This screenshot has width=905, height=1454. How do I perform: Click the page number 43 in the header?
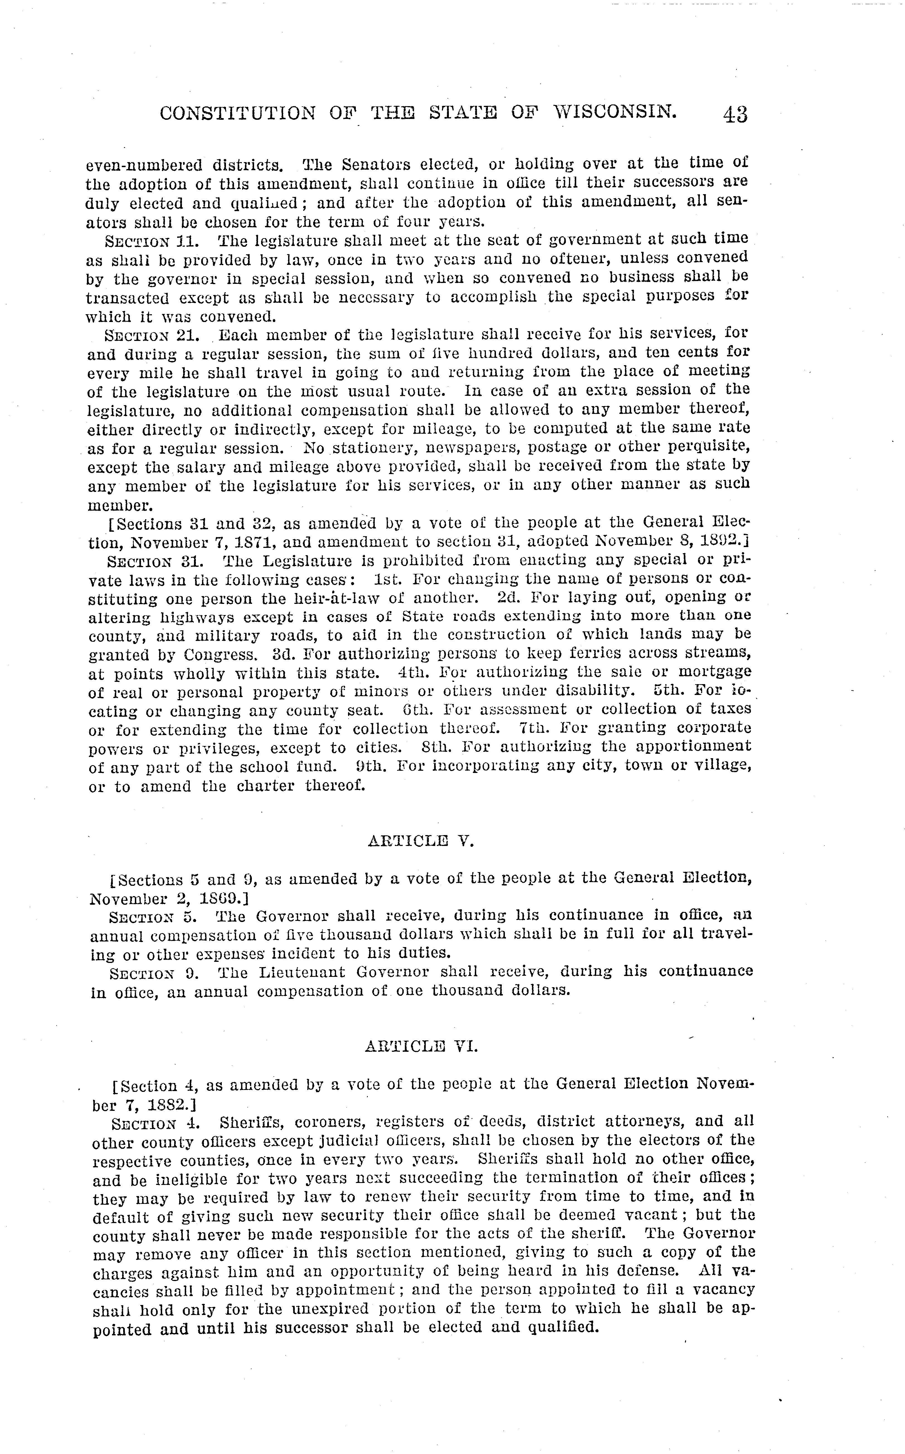click(735, 114)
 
